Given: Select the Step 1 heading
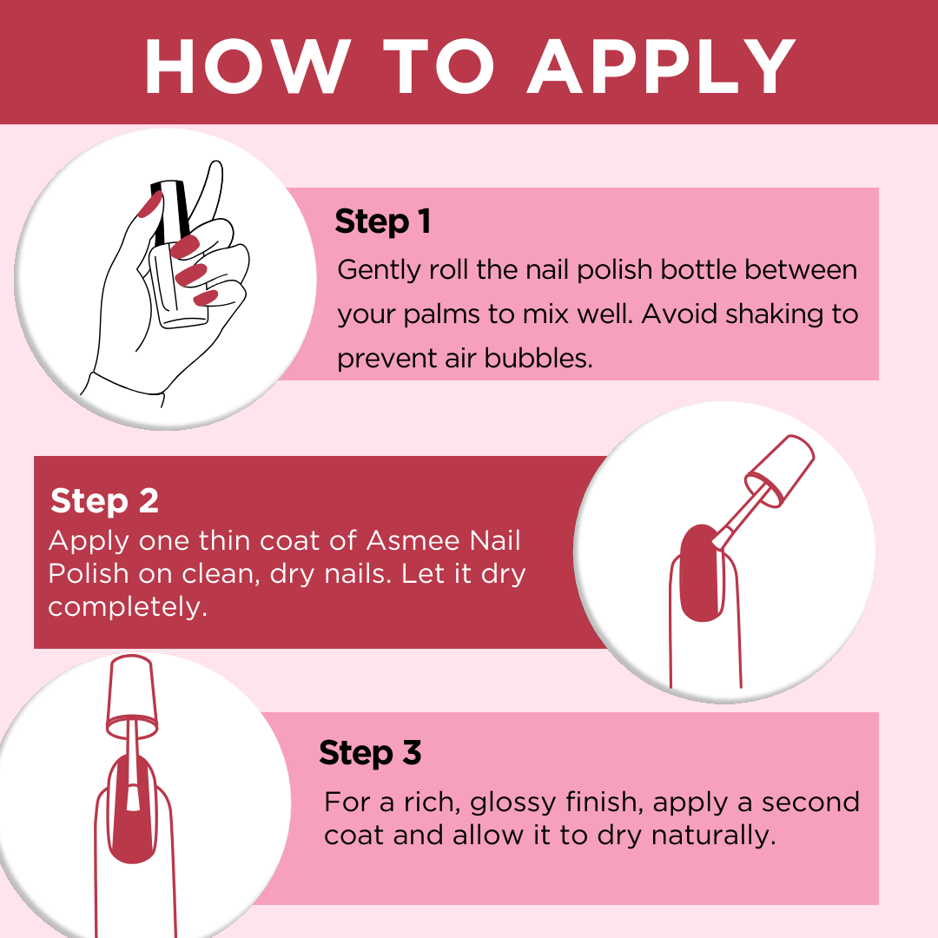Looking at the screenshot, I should click(x=383, y=221).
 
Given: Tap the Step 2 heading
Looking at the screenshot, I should click(x=104, y=501).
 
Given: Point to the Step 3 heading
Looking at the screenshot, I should click(x=370, y=752).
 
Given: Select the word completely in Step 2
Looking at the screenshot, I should click(x=128, y=606).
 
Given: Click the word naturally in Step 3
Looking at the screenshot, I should click(x=708, y=836).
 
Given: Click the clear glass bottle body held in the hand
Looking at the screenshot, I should click(x=182, y=291).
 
